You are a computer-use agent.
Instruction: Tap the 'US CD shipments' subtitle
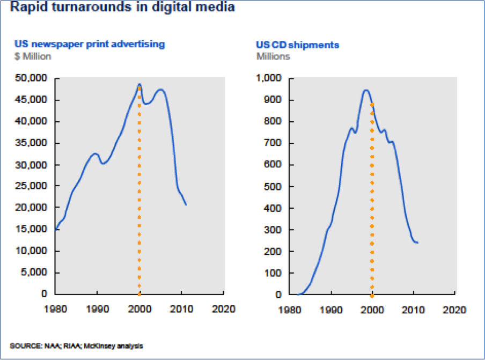coord(297,45)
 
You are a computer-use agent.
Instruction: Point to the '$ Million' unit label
coord(33,56)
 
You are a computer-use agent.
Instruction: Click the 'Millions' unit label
coord(273,56)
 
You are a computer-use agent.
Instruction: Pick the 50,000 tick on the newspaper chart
coord(33,79)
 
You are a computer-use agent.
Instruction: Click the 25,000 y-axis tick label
coord(33,187)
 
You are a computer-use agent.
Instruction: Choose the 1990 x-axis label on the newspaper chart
coord(97,310)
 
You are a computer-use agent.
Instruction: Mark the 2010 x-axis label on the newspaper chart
coord(181,310)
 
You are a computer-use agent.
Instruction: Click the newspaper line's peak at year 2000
coord(139,85)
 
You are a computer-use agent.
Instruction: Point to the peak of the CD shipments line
coord(366,90)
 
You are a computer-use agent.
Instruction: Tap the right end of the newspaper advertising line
coord(186,204)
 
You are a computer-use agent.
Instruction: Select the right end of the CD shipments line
coord(417,243)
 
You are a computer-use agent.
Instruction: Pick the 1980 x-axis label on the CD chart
coord(290,310)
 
